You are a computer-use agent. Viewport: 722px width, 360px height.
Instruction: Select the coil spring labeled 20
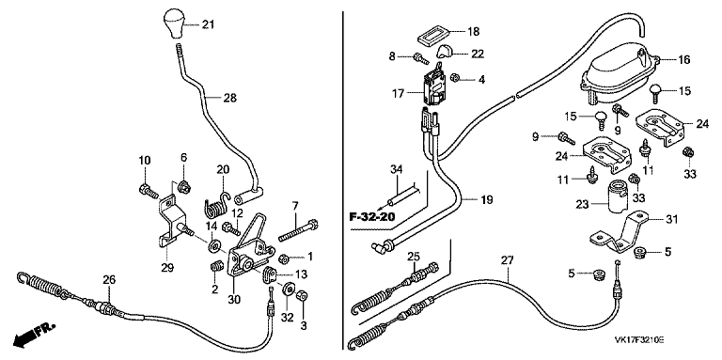coord(216,205)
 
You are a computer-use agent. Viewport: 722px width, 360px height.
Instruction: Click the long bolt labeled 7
coord(299,230)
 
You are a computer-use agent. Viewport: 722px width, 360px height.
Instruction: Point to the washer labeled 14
coord(214,246)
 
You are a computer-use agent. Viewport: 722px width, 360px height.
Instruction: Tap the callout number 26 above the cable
coord(109,279)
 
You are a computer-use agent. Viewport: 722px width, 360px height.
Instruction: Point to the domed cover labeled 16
coord(620,72)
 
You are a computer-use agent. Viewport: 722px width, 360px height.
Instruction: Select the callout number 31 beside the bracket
coord(671,220)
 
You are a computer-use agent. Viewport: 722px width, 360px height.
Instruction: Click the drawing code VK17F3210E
coord(638,339)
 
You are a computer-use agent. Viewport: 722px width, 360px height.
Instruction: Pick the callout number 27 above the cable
coord(507,259)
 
